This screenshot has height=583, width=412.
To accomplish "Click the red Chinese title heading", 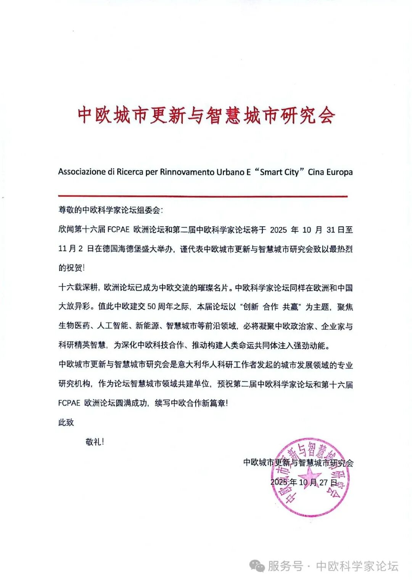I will click(x=206, y=115).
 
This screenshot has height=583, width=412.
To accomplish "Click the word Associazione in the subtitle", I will click(x=82, y=172).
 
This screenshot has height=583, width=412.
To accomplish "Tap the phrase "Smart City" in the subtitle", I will click(x=279, y=172).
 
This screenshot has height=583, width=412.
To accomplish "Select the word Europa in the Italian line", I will click(x=339, y=172).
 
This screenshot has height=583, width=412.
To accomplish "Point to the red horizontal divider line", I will click(x=203, y=196).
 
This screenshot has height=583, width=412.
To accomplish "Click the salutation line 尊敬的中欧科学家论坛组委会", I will click(x=110, y=210).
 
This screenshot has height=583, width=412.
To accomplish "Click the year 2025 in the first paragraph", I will click(x=278, y=230).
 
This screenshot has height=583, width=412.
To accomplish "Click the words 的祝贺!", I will click(x=71, y=268).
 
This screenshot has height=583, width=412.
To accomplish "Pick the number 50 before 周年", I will click(x=151, y=307).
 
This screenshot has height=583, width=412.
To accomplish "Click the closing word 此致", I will click(x=66, y=422).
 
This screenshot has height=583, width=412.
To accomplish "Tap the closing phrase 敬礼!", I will click(x=95, y=442).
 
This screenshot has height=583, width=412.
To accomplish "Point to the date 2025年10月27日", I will click(x=304, y=482).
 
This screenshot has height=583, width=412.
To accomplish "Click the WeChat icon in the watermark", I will click(x=257, y=565).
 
